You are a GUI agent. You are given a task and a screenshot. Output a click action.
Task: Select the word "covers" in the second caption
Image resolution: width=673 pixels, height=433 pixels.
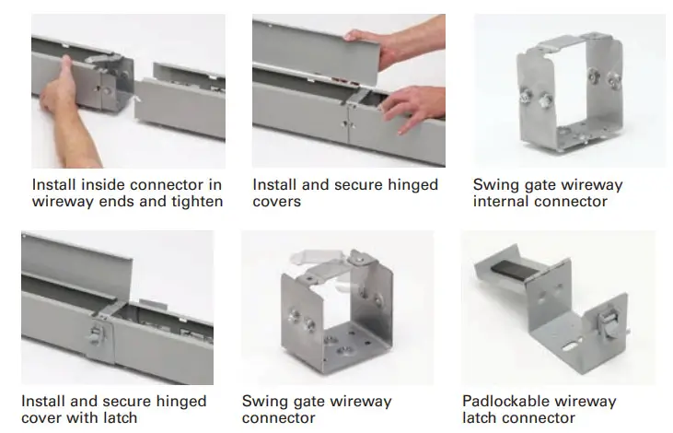tap(277, 202)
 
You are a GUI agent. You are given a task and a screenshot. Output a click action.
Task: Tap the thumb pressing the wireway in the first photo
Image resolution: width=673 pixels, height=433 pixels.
tap(65, 70)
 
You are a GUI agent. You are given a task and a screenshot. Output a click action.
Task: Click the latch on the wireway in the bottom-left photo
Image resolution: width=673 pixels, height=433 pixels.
tap(97, 334)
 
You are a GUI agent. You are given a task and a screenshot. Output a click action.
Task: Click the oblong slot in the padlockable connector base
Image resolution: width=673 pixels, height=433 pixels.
tap(572, 344)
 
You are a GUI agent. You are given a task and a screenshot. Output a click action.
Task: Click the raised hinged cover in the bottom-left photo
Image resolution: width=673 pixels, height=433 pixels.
tap(76, 258)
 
